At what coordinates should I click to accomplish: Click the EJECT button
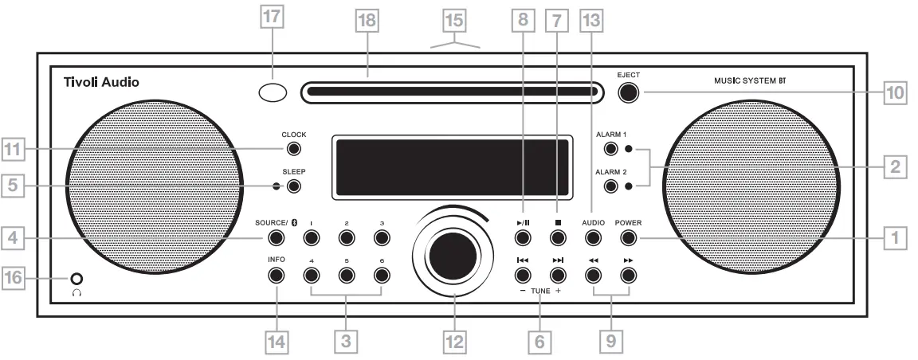(629, 92)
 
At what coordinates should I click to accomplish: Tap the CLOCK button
(294, 149)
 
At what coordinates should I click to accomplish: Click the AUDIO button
(592, 237)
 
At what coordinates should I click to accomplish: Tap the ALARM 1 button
(611, 149)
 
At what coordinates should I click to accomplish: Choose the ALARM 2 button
(611, 186)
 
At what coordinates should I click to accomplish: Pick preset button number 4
(311, 276)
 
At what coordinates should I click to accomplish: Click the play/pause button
(522, 237)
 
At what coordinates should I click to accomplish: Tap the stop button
(558, 237)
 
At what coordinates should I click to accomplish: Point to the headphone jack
(76, 279)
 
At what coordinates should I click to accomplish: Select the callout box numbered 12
(454, 342)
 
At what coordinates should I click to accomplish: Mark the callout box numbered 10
(896, 92)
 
